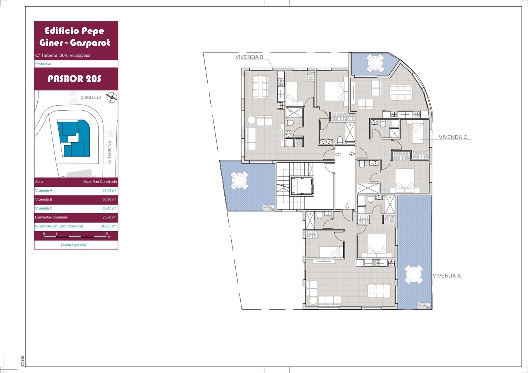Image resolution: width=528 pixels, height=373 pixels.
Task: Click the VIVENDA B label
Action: point(249,57)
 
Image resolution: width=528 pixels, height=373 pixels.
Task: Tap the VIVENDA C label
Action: point(453,137)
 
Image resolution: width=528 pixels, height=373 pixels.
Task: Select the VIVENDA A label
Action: point(447,276)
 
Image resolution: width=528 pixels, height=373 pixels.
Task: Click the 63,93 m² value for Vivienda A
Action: point(109,190)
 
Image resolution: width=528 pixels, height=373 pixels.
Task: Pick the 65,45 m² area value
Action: point(109,208)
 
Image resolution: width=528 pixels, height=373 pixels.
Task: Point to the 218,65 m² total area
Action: point(108,226)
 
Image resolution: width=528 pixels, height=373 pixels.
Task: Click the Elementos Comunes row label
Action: point(51,217)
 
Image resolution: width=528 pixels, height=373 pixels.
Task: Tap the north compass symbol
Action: point(112,97)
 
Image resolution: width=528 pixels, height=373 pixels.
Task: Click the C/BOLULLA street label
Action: point(91,98)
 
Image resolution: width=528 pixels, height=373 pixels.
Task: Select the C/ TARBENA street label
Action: point(110,152)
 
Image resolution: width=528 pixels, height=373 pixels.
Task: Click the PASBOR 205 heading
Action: point(75,79)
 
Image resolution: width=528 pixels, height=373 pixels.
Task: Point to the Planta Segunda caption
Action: point(73,245)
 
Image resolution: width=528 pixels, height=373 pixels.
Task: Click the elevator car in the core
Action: point(302,186)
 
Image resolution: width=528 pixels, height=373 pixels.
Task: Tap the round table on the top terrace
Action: point(375,63)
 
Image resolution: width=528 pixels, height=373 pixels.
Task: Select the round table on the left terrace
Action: point(239,181)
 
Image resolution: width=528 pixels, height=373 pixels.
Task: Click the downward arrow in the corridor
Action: point(347,207)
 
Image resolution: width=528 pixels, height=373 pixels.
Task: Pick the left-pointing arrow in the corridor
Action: point(338,155)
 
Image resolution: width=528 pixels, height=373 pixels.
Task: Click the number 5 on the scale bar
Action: point(107,234)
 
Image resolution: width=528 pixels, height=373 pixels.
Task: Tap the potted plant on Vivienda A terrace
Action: point(423,305)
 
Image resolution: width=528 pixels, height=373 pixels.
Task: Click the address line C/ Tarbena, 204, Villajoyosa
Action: point(63,56)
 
